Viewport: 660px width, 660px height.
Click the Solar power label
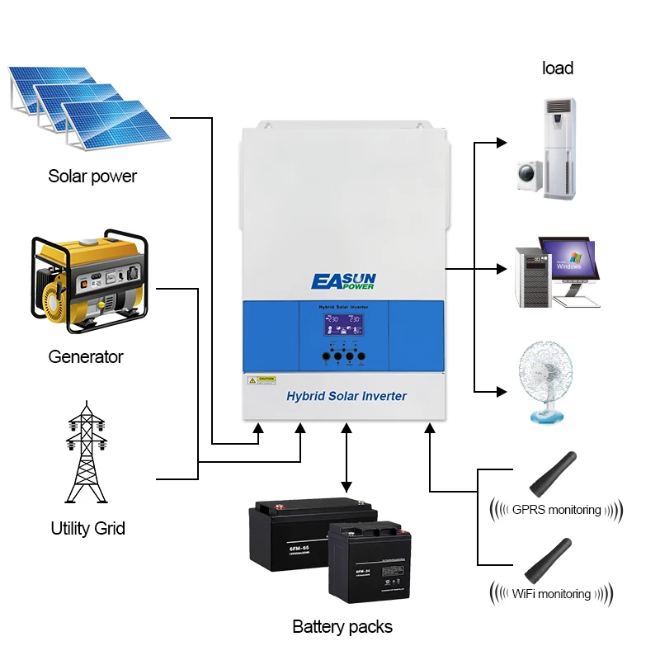pyautogui.click(x=92, y=176)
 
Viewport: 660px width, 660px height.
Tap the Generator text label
pyautogui.click(x=85, y=356)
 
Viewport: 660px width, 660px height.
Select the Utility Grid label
pyautogui.click(x=87, y=528)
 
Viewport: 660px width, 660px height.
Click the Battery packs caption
pyautogui.click(x=342, y=627)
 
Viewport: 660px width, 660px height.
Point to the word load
pyautogui.click(x=558, y=68)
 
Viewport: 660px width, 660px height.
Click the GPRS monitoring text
pyautogui.click(x=556, y=509)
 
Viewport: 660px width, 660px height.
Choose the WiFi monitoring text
pyautogui.click(x=551, y=593)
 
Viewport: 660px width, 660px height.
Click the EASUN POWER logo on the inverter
pyautogui.click(x=343, y=281)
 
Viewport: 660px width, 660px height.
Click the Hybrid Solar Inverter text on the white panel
pyautogui.click(x=346, y=396)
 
